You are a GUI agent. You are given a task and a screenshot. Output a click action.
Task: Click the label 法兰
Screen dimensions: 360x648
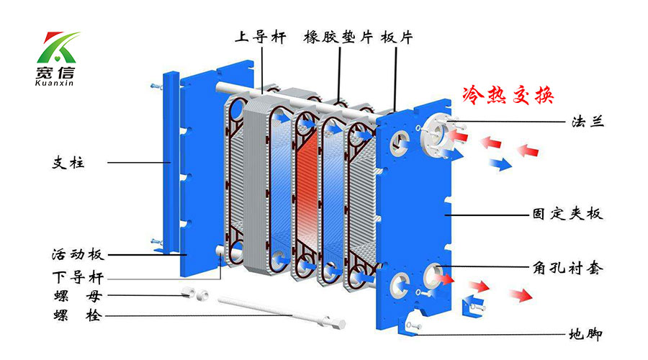(x=587, y=122)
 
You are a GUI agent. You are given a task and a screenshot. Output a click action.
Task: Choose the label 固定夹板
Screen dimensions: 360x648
(x=567, y=214)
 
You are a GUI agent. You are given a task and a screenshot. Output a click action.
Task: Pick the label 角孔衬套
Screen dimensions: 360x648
(x=567, y=268)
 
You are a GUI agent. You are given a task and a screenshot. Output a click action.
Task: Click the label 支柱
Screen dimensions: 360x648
(x=68, y=163)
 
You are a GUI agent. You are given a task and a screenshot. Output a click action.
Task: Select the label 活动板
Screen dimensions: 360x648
(x=78, y=255)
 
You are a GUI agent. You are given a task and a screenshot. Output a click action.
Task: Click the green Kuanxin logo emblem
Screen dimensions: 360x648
(x=59, y=46)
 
